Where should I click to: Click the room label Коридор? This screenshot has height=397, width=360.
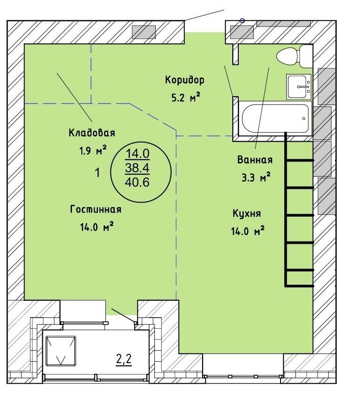(x=185, y=80)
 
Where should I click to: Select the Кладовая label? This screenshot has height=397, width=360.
(x=92, y=133)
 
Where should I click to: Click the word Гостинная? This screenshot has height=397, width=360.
(x=96, y=209)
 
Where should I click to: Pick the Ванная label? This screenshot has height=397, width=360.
(x=255, y=160)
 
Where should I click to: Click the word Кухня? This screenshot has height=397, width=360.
(x=247, y=214)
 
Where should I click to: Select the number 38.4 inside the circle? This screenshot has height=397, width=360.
(x=137, y=168)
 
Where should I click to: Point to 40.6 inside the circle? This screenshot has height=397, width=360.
(x=137, y=182)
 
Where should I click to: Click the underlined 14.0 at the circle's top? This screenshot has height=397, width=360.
(x=137, y=154)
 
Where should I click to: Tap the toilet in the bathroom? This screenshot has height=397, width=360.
(x=295, y=56)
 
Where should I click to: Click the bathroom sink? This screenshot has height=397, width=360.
(x=299, y=86)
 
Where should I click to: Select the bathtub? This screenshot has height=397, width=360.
(x=275, y=118)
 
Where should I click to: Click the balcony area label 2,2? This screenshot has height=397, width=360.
(x=124, y=360)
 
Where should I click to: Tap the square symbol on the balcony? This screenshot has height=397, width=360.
(x=61, y=351)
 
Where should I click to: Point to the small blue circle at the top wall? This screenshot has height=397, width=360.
(x=242, y=21)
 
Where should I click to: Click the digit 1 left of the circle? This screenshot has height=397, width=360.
(x=97, y=173)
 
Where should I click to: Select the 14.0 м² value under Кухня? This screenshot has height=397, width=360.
(x=248, y=231)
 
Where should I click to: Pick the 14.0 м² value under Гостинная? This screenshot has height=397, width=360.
(x=97, y=227)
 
